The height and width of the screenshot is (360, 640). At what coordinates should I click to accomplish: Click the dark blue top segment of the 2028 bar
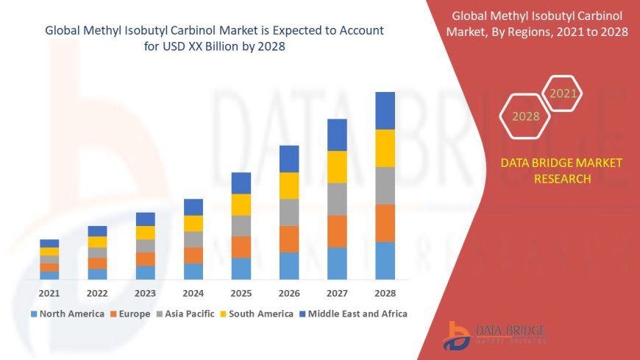(385, 110)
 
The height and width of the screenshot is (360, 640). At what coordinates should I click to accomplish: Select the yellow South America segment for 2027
(337, 166)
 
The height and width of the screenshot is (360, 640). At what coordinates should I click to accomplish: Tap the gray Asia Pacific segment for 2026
(289, 212)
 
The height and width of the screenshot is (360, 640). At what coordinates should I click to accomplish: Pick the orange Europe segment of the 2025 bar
(241, 247)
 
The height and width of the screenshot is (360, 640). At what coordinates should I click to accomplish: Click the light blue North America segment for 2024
(193, 271)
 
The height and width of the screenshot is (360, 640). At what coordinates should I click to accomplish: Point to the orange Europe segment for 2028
(385, 223)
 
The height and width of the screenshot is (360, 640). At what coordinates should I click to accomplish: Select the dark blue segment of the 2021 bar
(49, 243)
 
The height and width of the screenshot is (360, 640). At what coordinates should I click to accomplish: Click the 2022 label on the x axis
(97, 292)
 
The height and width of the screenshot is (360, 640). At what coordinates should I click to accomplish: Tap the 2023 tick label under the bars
(145, 292)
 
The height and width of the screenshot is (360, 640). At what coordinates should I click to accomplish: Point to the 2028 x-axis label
(385, 292)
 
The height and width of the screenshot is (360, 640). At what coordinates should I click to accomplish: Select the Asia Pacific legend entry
(184, 314)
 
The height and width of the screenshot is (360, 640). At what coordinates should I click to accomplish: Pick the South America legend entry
(257, 314)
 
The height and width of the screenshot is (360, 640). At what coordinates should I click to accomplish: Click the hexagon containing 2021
(563, 93)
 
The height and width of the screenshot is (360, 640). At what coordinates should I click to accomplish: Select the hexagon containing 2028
(525, 116)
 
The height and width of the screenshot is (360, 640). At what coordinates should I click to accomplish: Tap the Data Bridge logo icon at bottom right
(458, 336)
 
